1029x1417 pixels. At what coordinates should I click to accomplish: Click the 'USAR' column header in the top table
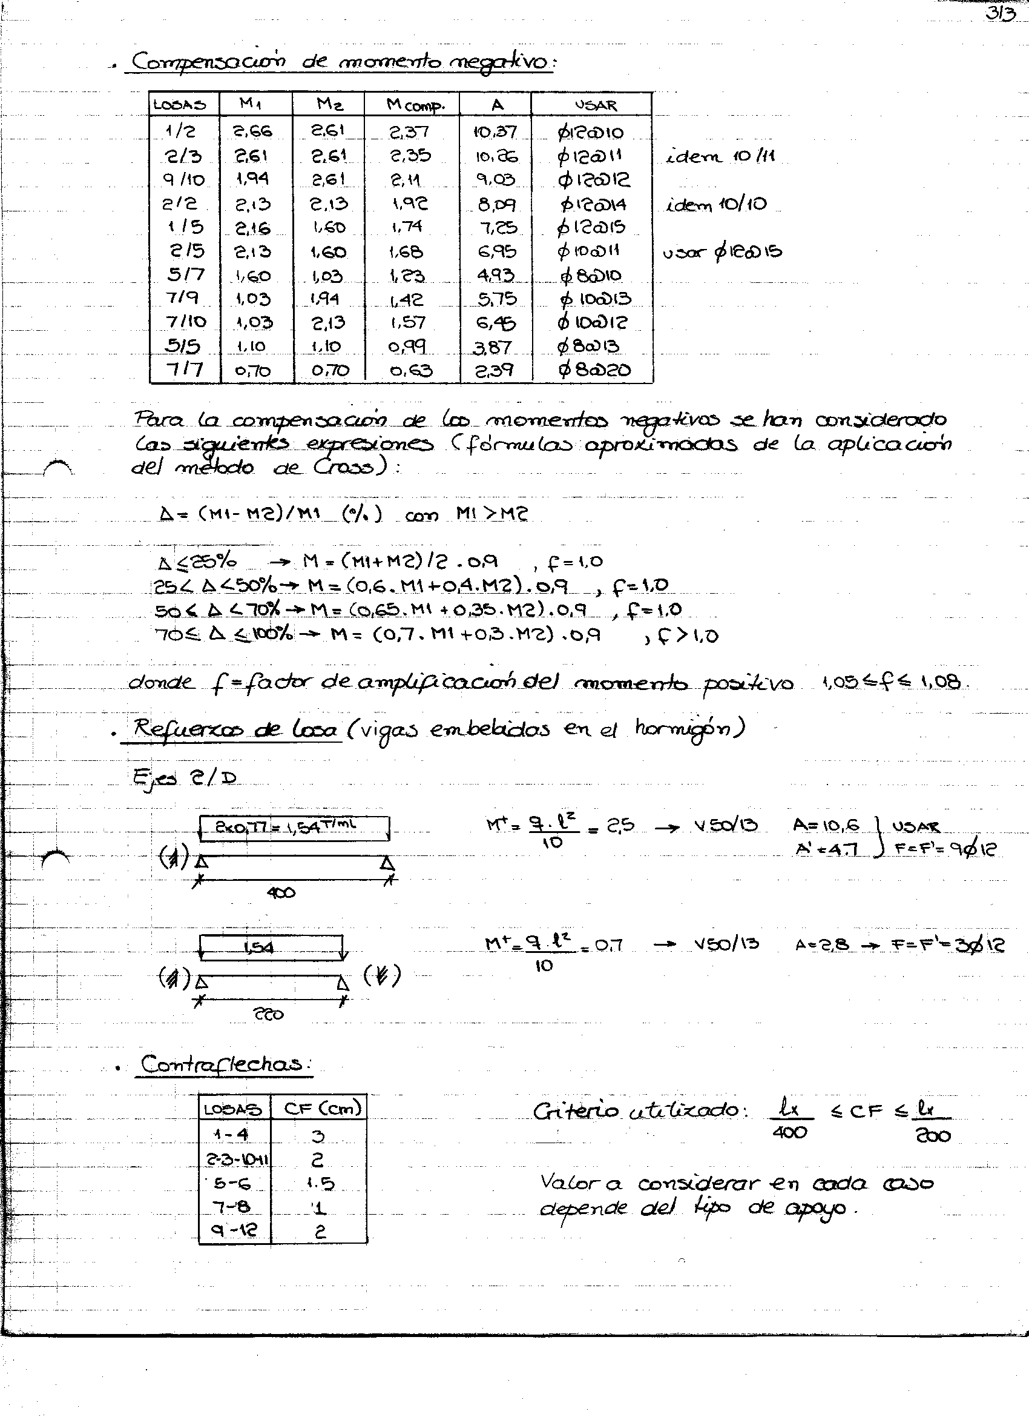pyautogui.click(x=596, y=105)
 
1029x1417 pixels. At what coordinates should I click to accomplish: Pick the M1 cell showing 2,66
pyautogui.click(x=253, y=131)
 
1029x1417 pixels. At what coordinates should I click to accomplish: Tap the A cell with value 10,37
pyautogui.click(x=495, y=131)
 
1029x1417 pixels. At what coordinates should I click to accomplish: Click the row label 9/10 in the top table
pyautogui.click(x=183, y=180)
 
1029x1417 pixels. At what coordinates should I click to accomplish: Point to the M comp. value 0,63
pyautogui.click(x=411, y=371)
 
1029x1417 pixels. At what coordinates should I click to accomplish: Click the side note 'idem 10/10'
pyautogui.click(x=717, y=204)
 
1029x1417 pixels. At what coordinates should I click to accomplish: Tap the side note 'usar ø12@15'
pyautogui.click(x=722, y=253)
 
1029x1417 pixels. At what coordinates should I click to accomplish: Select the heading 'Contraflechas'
pyautogui.click(x=223, y=1064)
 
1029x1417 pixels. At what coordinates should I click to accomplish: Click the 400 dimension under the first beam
pyautogui.click(x=281, y=894)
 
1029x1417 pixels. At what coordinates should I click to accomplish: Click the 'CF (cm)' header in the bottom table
pyautogui.click(x=322, y=1109)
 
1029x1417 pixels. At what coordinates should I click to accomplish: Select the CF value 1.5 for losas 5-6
pyautogui.click(x=321, y=1183)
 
